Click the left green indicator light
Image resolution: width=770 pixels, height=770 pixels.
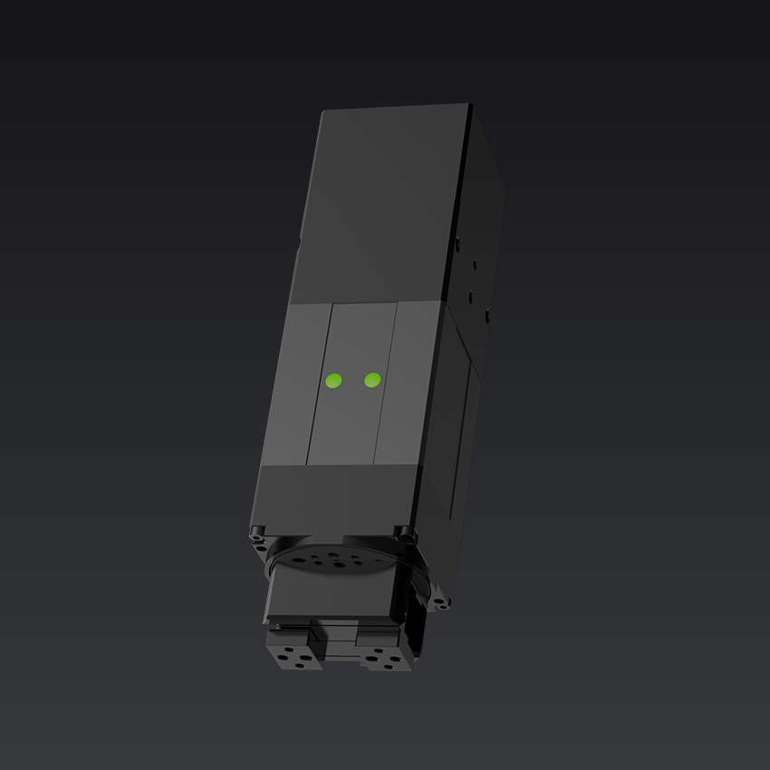click(333, 381)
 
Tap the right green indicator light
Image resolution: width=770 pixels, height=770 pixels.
click(371, 380)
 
